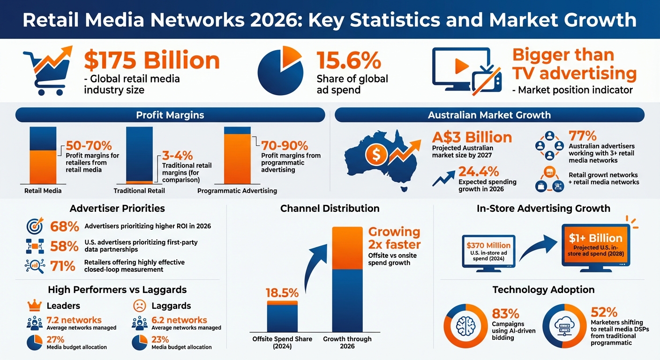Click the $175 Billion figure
(x=151, y=61)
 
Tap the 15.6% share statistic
(x=348, y=61)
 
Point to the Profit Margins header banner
(x=170, y=115)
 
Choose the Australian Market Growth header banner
(x=489, y=115)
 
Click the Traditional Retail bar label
(x=139, y=191)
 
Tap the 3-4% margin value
(x=178, y=156)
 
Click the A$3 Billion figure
(x=472, y=138)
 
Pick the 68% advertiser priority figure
(x=64, y=226)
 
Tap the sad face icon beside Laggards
(x=139, y=306)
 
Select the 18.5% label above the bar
(x=282, y=293)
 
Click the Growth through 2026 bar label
(x=347, y=342)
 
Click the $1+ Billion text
(x=595, y=238)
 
